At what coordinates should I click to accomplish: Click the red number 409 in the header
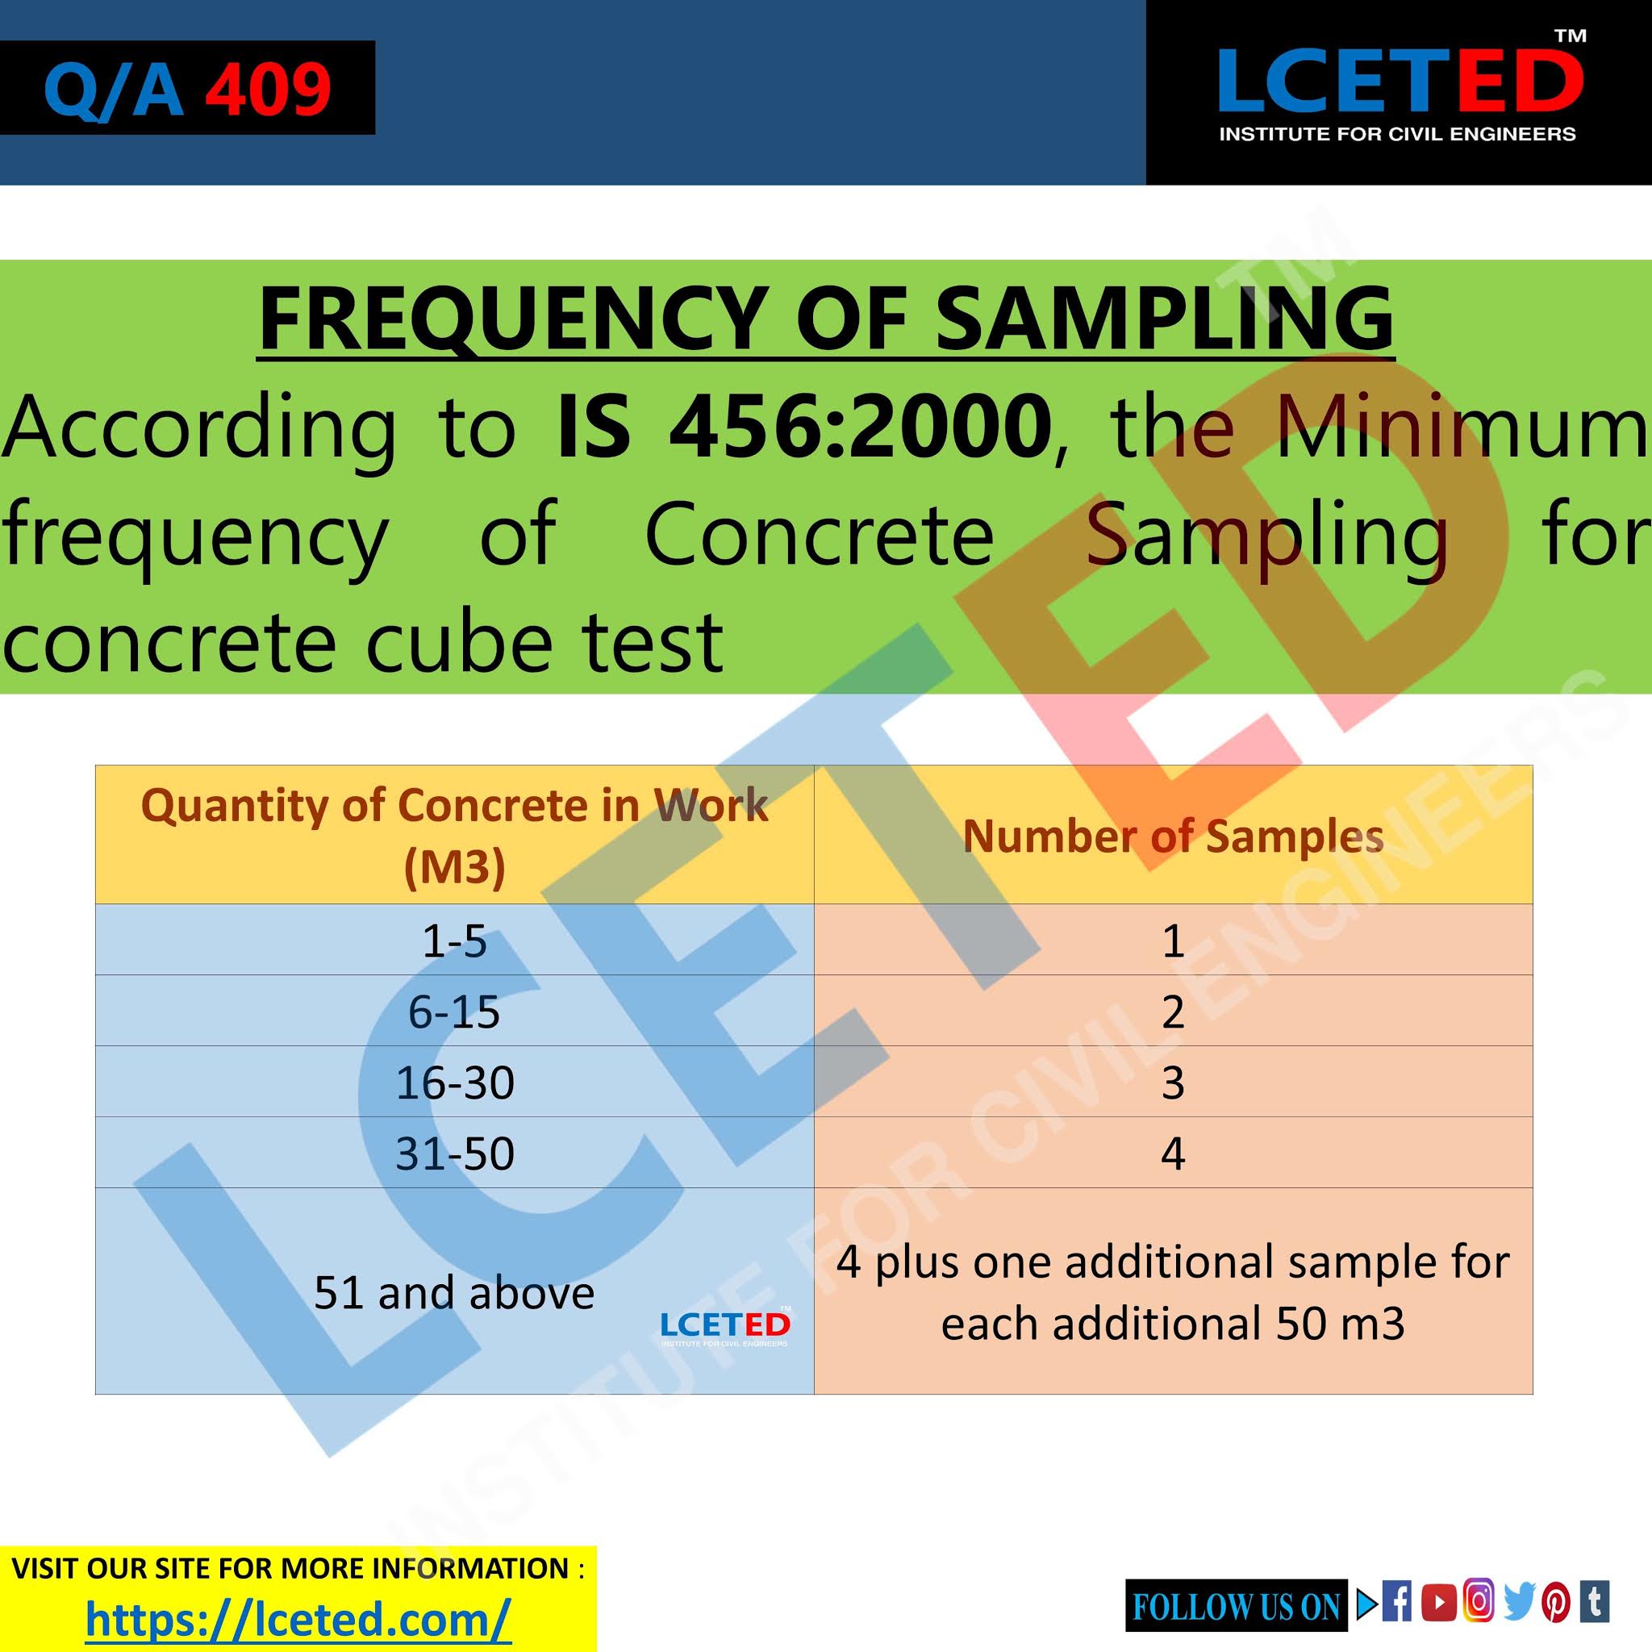(268, 89)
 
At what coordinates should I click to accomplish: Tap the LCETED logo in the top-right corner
(1400, 90)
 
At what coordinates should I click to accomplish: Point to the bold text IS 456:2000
(803, 425)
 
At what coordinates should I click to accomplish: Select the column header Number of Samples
(1172, 836)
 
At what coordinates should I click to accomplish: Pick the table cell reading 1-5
(454, 941)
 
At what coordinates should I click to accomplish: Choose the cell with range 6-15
(454, 1012)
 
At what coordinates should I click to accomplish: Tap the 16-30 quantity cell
(454, 1083)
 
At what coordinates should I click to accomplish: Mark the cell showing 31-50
(454, 1153)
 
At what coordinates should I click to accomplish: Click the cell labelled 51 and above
(453, 1292)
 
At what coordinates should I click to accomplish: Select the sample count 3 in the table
(1172, 1083)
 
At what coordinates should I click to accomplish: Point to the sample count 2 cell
(1172, 1012)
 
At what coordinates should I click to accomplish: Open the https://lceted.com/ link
(298, 1619)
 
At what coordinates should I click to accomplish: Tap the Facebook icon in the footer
(1397, 1601)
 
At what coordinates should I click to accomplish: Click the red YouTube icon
(1438, 1601)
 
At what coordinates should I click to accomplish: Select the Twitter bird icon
(1520, 1601)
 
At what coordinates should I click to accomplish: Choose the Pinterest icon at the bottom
(1556, 1601)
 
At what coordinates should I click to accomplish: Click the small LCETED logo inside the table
(725, 1326)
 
